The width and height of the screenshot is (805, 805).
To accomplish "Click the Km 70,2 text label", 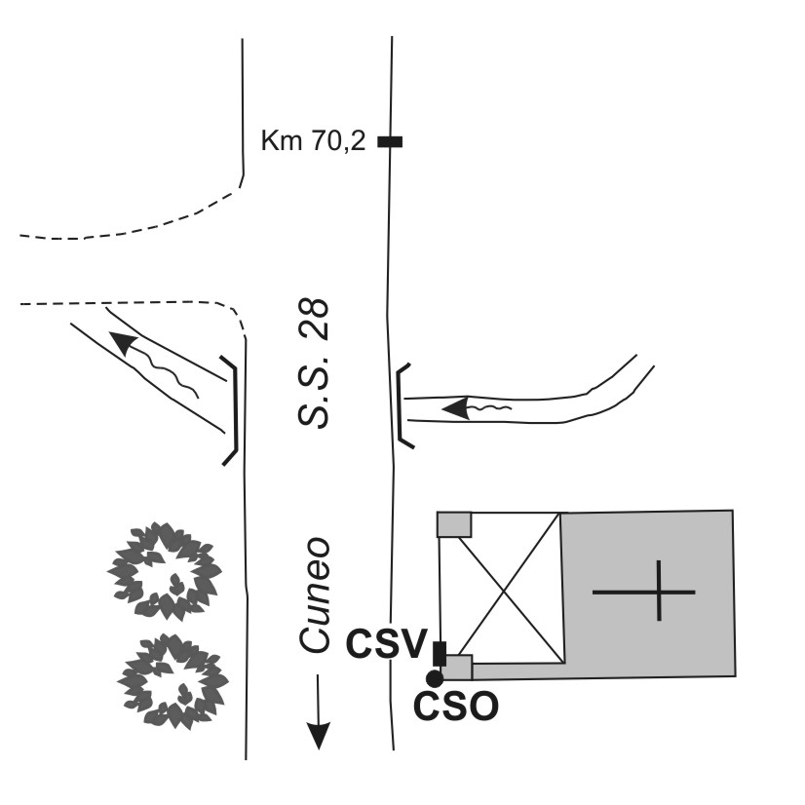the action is pyautogui.click(x=313, y=140).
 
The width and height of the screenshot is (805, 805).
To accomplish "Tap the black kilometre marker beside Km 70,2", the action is pyautogui.click(x=390, y=141).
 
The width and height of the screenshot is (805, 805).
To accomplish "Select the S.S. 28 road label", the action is pyautogui.click(x=313, y=363).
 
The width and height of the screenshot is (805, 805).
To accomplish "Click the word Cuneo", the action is pyautogui.click(x=314, y=595).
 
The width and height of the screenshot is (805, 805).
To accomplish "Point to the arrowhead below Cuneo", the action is pyautogui.click(x=319, y=735).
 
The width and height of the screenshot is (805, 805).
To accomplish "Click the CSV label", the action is pyautogui.click(x=386, y=644).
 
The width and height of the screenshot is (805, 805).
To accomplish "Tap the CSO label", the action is pyautogui.click(x=456, y=707).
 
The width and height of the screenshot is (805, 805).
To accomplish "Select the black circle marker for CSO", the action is pyautogui.click(x=435, y=678).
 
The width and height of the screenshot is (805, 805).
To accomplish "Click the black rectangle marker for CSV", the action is pyautogui.click(x=440, y=654).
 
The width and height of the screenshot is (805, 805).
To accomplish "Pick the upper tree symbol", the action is pyautogui.click(x=165, y=571).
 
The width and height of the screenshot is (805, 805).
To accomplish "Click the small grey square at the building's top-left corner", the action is pyautogui.click(x=454, y=524).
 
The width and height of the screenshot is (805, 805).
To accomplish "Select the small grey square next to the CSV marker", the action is pyautogui.click(x=456, y=668).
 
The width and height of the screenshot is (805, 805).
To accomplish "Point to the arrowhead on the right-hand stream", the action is pyautogui.click(x=456, y=408).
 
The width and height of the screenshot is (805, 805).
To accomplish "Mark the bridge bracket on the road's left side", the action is pyautogui.click(x=235, y=409).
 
